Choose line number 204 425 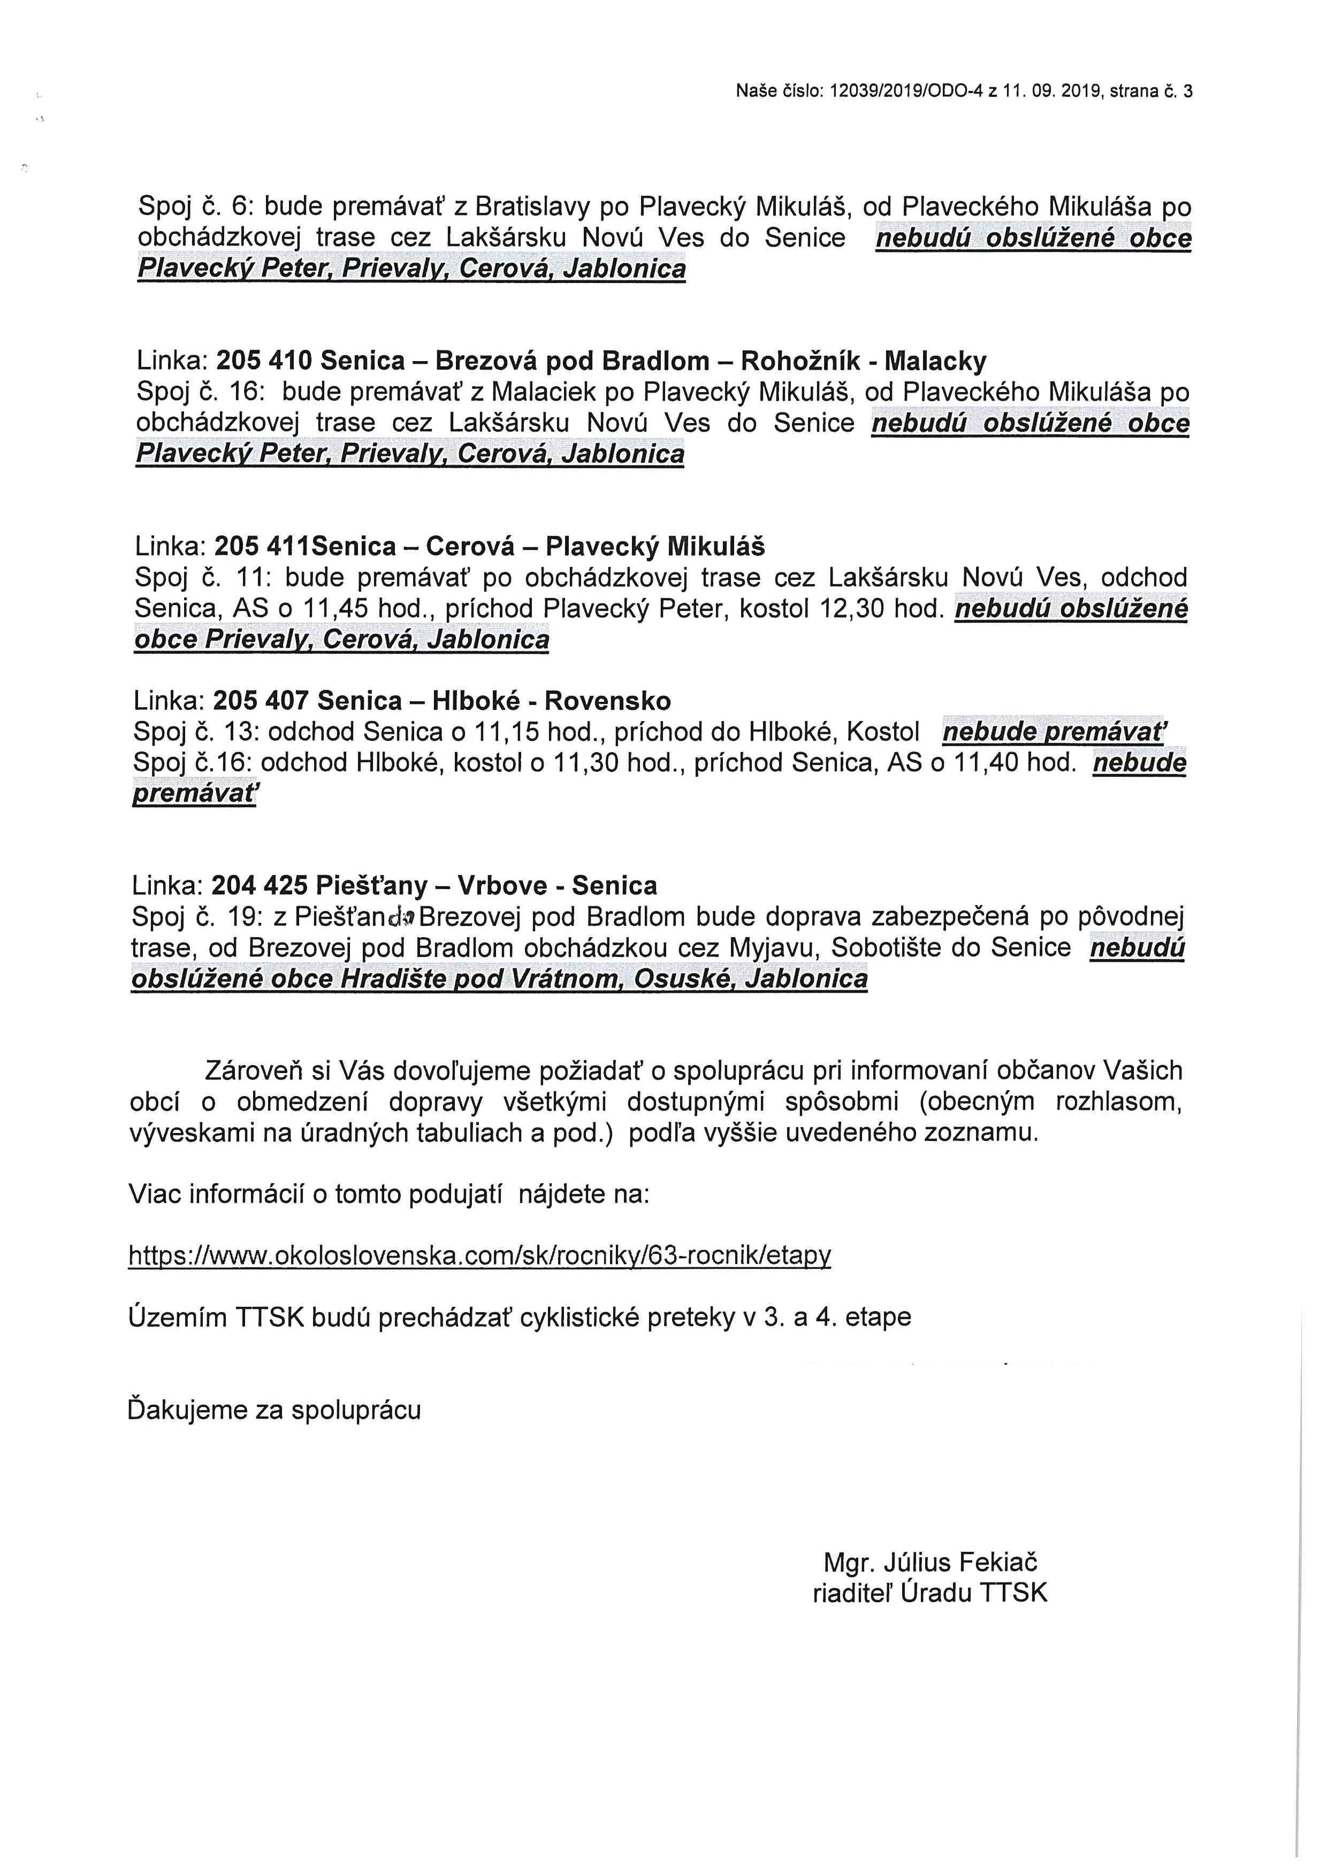260,886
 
